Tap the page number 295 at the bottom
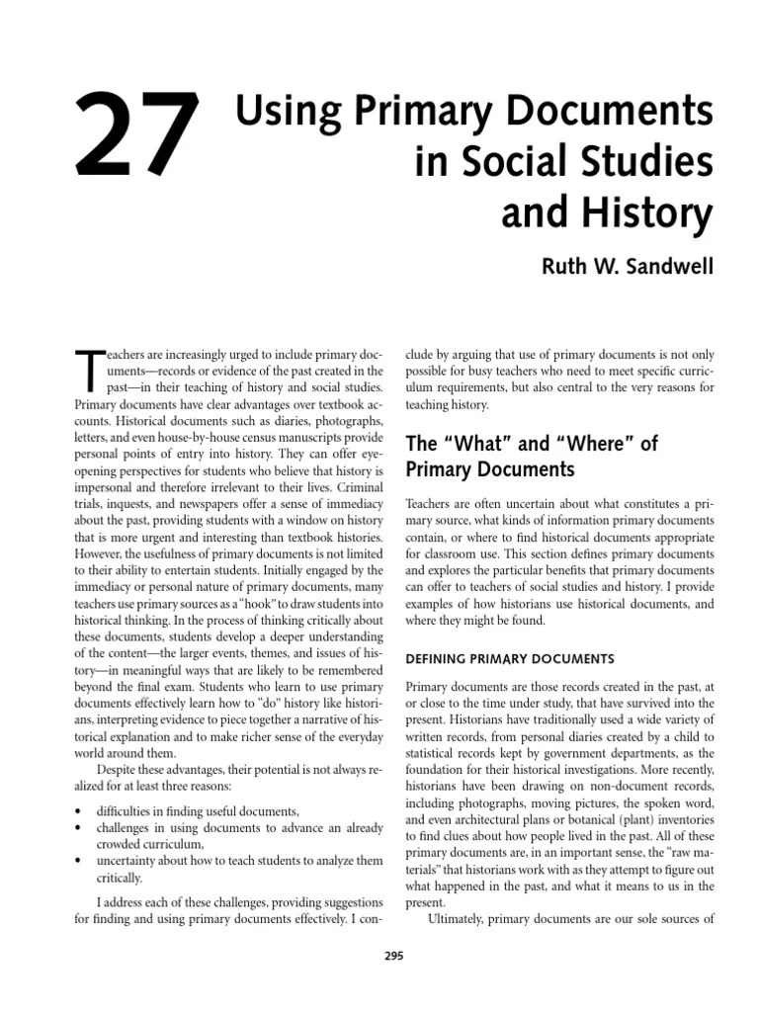tap(391, 955)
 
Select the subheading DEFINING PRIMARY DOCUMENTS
tap(510, 658)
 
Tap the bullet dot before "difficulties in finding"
tap(78, 810)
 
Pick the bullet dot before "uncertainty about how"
tap(78, 861)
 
